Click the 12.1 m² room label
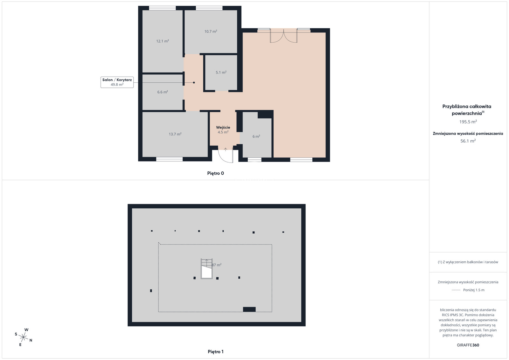click(163, 41)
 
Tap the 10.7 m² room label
click(211, 31)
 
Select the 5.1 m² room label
click(221, 73)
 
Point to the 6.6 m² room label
click(163, 92)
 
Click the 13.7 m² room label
click(175, 134)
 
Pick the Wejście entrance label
click(223, 128)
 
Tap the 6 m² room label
click(256, 136)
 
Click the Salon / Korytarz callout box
click(117, 82)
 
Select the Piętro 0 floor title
click(215, 173)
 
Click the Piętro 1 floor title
click(215, 352)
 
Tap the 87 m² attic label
click(217, 265)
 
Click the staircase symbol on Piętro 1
click(206, 269)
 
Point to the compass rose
click(24, 337)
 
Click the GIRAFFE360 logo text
click(468, 345)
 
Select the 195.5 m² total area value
click(468, 122)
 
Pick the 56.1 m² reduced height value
click(468, 141)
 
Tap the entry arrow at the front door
click(226, 149)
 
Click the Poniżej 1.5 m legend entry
click(468, 290)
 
